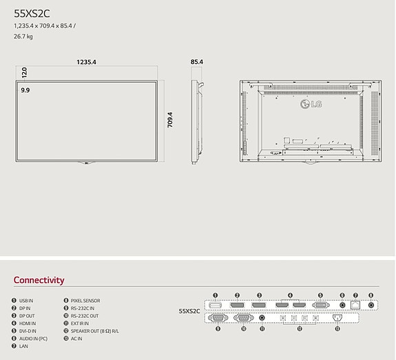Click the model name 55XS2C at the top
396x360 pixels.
pyautogui.click(x=32, y=12)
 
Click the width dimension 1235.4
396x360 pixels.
pyautogui.click(x=86, y=62)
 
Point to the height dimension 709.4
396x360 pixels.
pyautogui.click(x=169, y=119)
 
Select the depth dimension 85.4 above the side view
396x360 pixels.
pyautogui.click(x=197, y=62)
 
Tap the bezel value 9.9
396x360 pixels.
pyautogui.click(x=25, y=90)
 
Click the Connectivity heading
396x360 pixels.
pyautogui.click(x=39, y=280)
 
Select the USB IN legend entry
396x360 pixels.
pyautogui.click(x=25, y=301)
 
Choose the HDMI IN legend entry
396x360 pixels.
pyautogui.click(x=27, y=324)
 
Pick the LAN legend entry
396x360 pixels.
pyautogui.click(x=23, y=346)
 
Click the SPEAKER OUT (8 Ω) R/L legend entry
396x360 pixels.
pyautogui.click(x=94, y=331)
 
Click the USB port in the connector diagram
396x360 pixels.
pyautogui.click(x=215, y=304)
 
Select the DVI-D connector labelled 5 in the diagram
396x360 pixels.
pyautogui.click(x=320, y=304)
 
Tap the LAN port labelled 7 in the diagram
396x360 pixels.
pyautogui.click(x=356, y=304)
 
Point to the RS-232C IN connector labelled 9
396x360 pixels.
pyautogui.click(x=218, y=318)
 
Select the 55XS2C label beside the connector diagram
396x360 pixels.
pyautogui.click(x=189, y=311)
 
